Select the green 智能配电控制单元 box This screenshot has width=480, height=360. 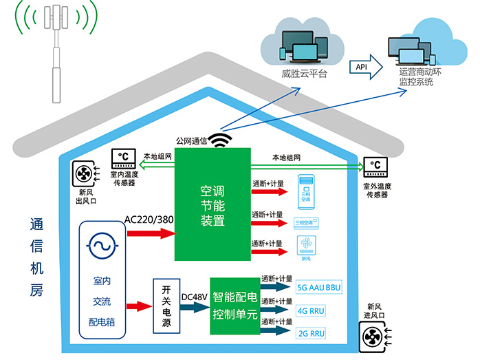coord(234,304)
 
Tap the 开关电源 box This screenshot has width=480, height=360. coord(166,304)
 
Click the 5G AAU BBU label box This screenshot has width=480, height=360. coord(318,287)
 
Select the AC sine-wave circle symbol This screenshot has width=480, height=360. coord(102,246)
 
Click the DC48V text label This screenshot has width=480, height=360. coord(194,297)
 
